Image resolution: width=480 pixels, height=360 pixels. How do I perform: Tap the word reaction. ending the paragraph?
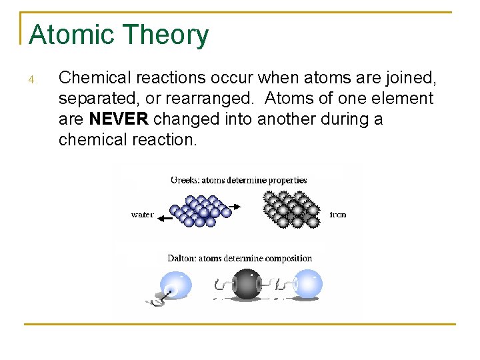click(166, 139)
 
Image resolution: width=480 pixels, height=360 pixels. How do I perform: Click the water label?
click(142, 215)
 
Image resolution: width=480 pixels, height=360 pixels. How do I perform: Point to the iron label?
click(338, 215)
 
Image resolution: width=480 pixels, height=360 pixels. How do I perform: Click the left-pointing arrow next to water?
click(164, 215)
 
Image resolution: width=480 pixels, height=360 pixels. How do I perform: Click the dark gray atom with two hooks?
click(247, 283)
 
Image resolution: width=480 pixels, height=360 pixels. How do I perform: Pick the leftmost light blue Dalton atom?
click(175, 285)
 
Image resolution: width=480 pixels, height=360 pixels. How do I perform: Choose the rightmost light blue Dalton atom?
click(307, 283)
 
